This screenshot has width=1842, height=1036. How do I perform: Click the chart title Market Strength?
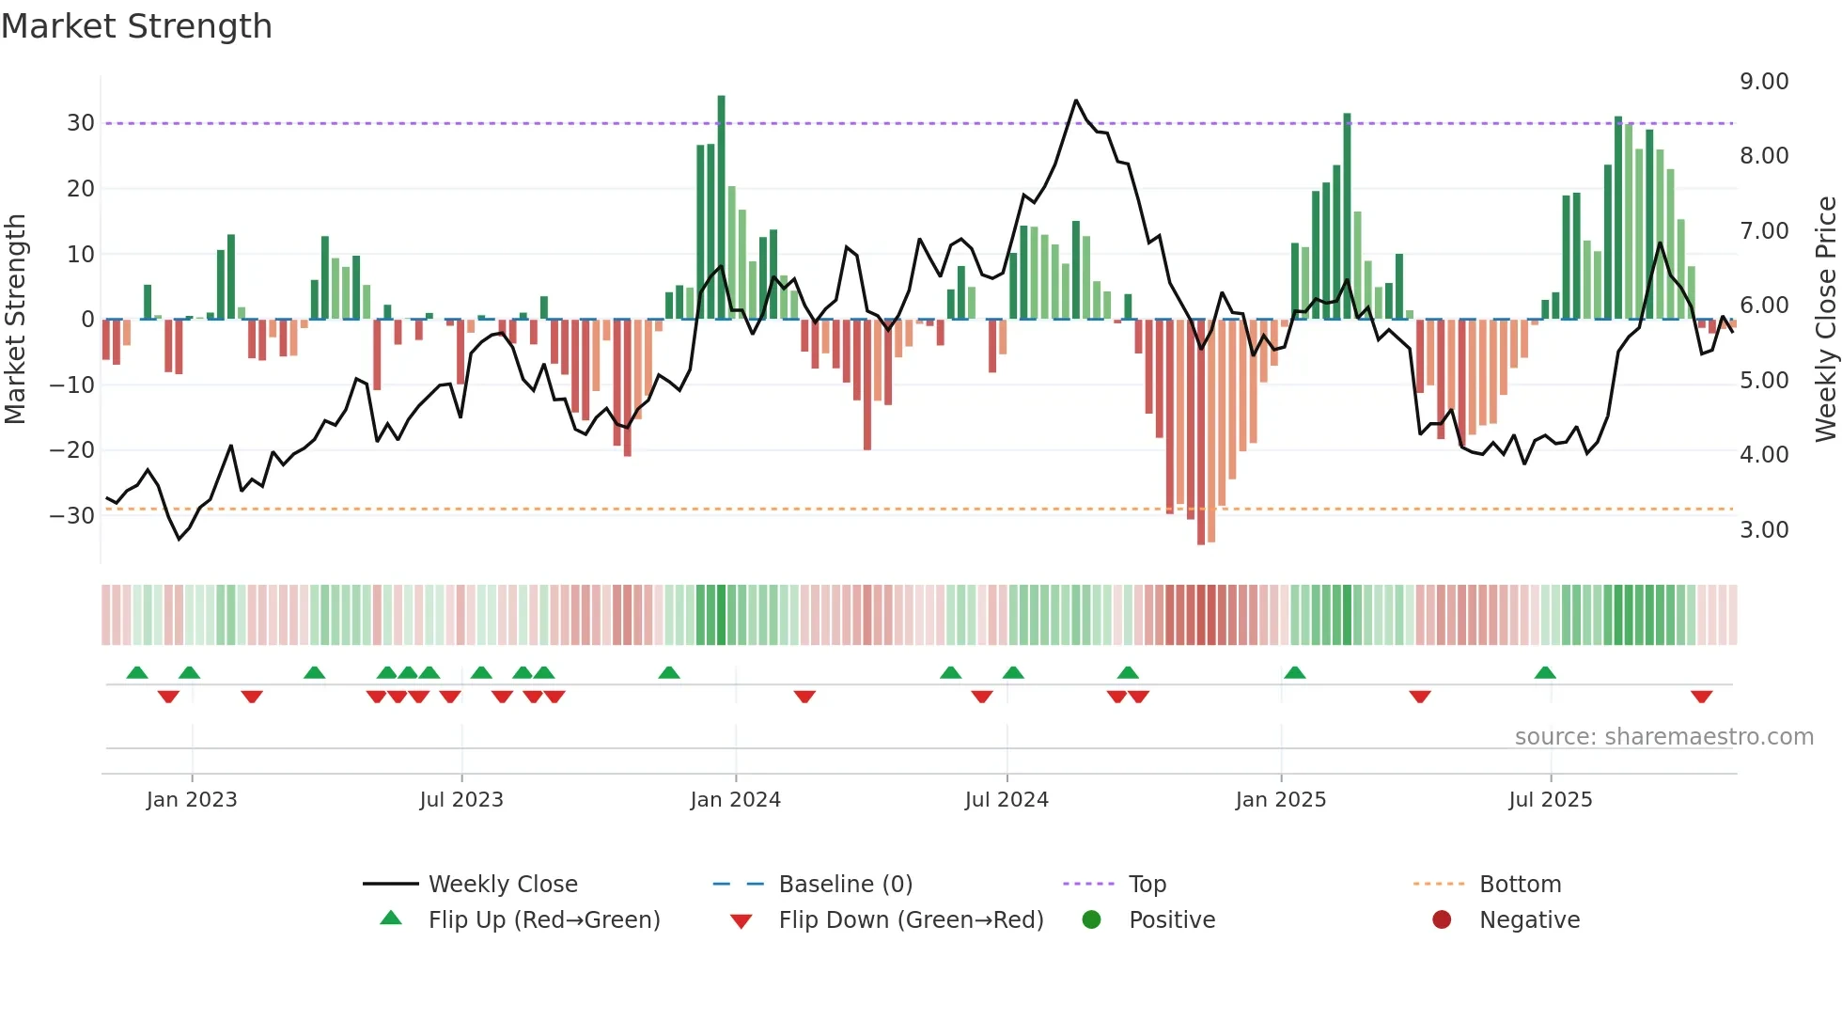pos(136,26)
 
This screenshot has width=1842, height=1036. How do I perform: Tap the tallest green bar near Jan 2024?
pos(721,207)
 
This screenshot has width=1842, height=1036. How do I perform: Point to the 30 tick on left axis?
pos(81,123)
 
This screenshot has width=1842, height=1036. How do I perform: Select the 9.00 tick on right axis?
pos(1763,82)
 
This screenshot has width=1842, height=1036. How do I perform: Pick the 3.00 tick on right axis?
pos(1763,530)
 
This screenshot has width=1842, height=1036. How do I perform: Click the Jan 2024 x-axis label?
pos(735,800)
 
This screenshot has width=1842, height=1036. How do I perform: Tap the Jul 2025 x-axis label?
pos(1550,800)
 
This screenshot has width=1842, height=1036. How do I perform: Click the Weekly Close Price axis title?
pos(1825,320)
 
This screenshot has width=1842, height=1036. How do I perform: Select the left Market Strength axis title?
pos(15,320)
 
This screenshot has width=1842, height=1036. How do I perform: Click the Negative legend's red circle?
pos(1441,919)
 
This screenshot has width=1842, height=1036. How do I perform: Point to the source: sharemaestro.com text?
pos(1663,737)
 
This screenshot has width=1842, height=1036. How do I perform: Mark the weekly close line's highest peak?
pos(1076,101)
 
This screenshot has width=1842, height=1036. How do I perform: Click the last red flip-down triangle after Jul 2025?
pos(1701,697)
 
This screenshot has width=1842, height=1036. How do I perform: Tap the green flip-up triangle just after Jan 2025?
pos(1294,672)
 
